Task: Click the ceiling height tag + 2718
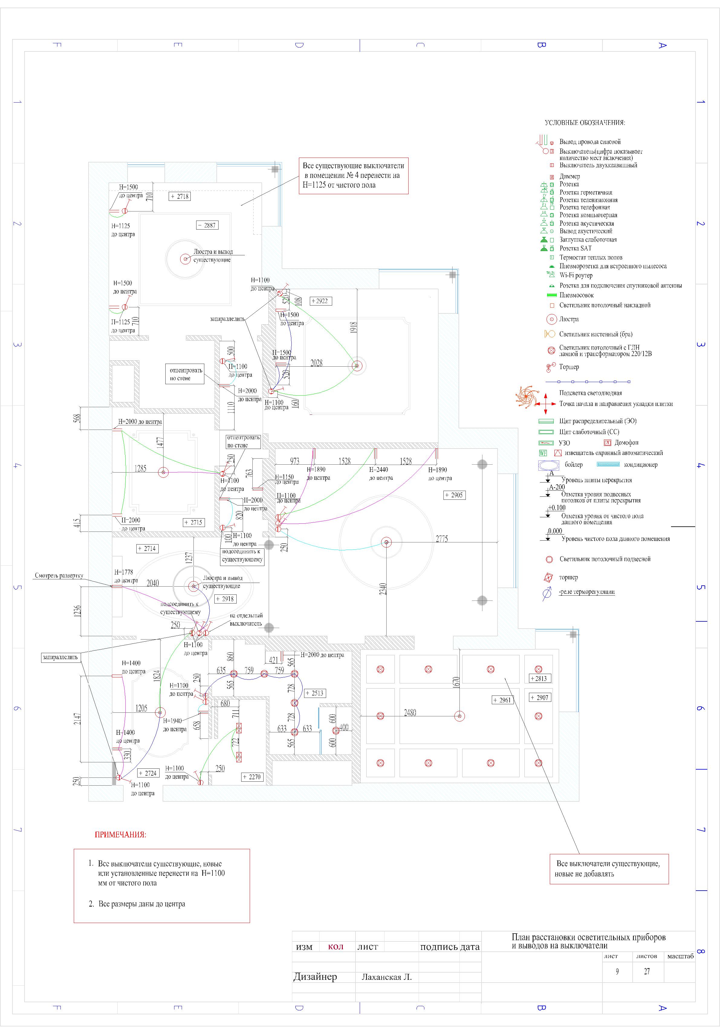(180, 196)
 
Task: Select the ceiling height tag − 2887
(207, 225)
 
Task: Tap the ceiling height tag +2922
(321, 301)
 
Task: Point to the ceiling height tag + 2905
(454, 495)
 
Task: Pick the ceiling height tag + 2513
(314, 693)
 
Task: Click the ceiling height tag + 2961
(502, 700)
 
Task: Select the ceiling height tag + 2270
(251, 777)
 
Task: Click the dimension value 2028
(316, 363)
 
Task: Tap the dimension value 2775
(441, 538)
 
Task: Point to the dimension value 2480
(410, 713)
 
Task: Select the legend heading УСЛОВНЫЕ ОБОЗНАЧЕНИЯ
(585, 123)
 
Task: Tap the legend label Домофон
(626, 443)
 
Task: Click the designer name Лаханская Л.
(387, 977)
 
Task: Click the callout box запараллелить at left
(60, 657)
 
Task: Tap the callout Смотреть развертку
(59, 576)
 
